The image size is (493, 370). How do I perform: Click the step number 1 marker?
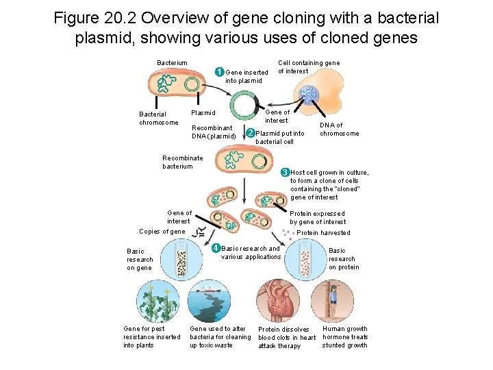point(219,72)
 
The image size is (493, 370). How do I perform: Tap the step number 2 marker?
point(251,133)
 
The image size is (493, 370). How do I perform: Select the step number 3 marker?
point(286,172)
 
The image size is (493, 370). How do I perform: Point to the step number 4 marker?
point(216,247)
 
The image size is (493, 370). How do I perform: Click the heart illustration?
point(277,300)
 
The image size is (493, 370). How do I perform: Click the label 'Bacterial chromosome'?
point(158,119)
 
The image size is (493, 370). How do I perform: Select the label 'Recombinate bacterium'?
point(182,162)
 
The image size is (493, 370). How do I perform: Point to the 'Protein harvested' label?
point(323,233)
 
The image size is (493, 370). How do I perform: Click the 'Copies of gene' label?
point(162,232)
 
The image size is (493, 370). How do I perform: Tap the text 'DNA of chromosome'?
point(339,129)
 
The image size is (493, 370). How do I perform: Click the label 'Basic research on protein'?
point(343,259)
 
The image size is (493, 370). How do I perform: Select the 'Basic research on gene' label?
point(140,260)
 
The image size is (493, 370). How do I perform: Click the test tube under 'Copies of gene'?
point(181,260)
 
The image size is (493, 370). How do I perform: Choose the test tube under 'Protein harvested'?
point(305,262)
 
